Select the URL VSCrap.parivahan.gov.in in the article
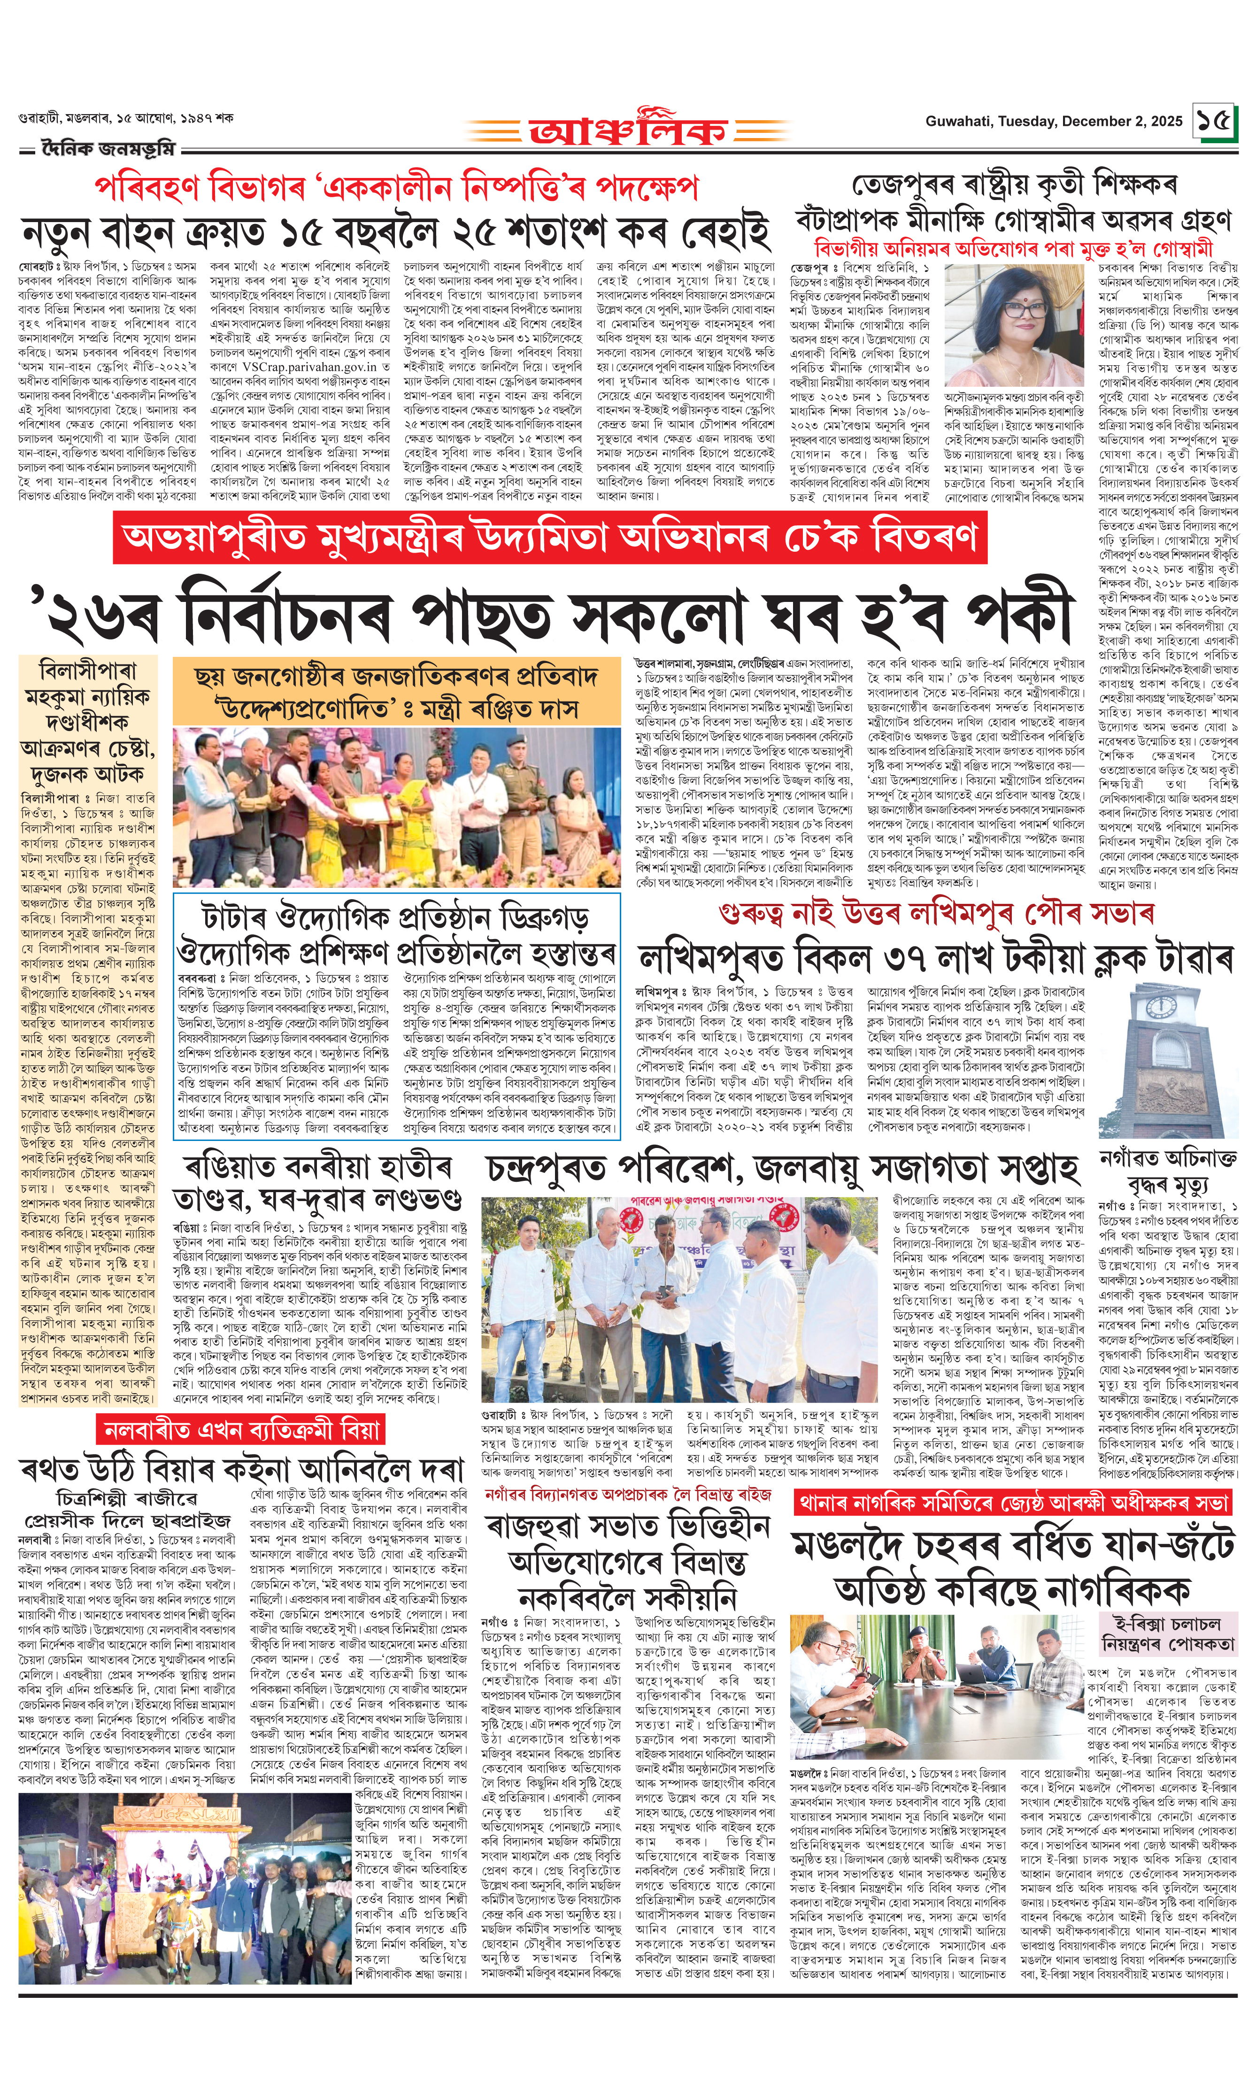[309, 367]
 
